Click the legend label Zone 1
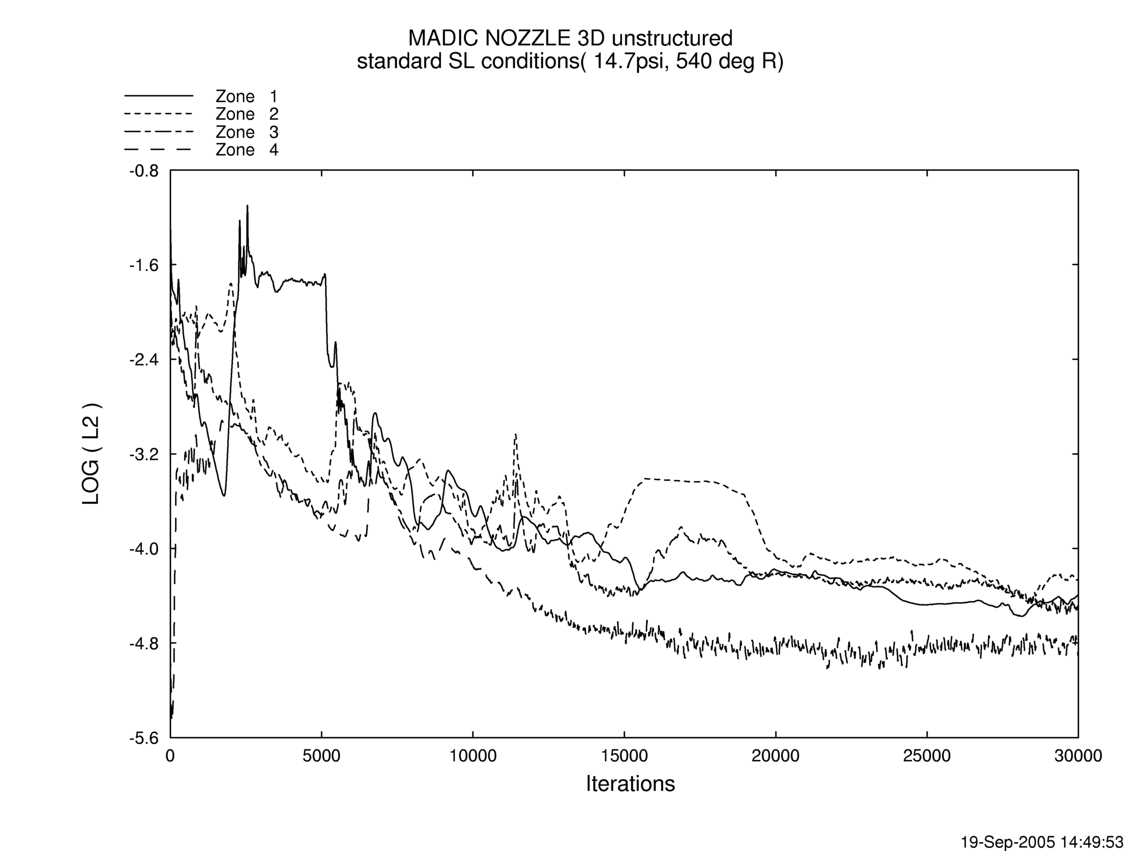pos(246,96)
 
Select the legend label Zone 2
pos(246,114)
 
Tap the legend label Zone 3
pos(246,132)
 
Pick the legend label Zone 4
pos(246,150)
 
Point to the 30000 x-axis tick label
pos(1077,756)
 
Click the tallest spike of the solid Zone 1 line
pos(247,206)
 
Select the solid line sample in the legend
pos(159,96)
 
